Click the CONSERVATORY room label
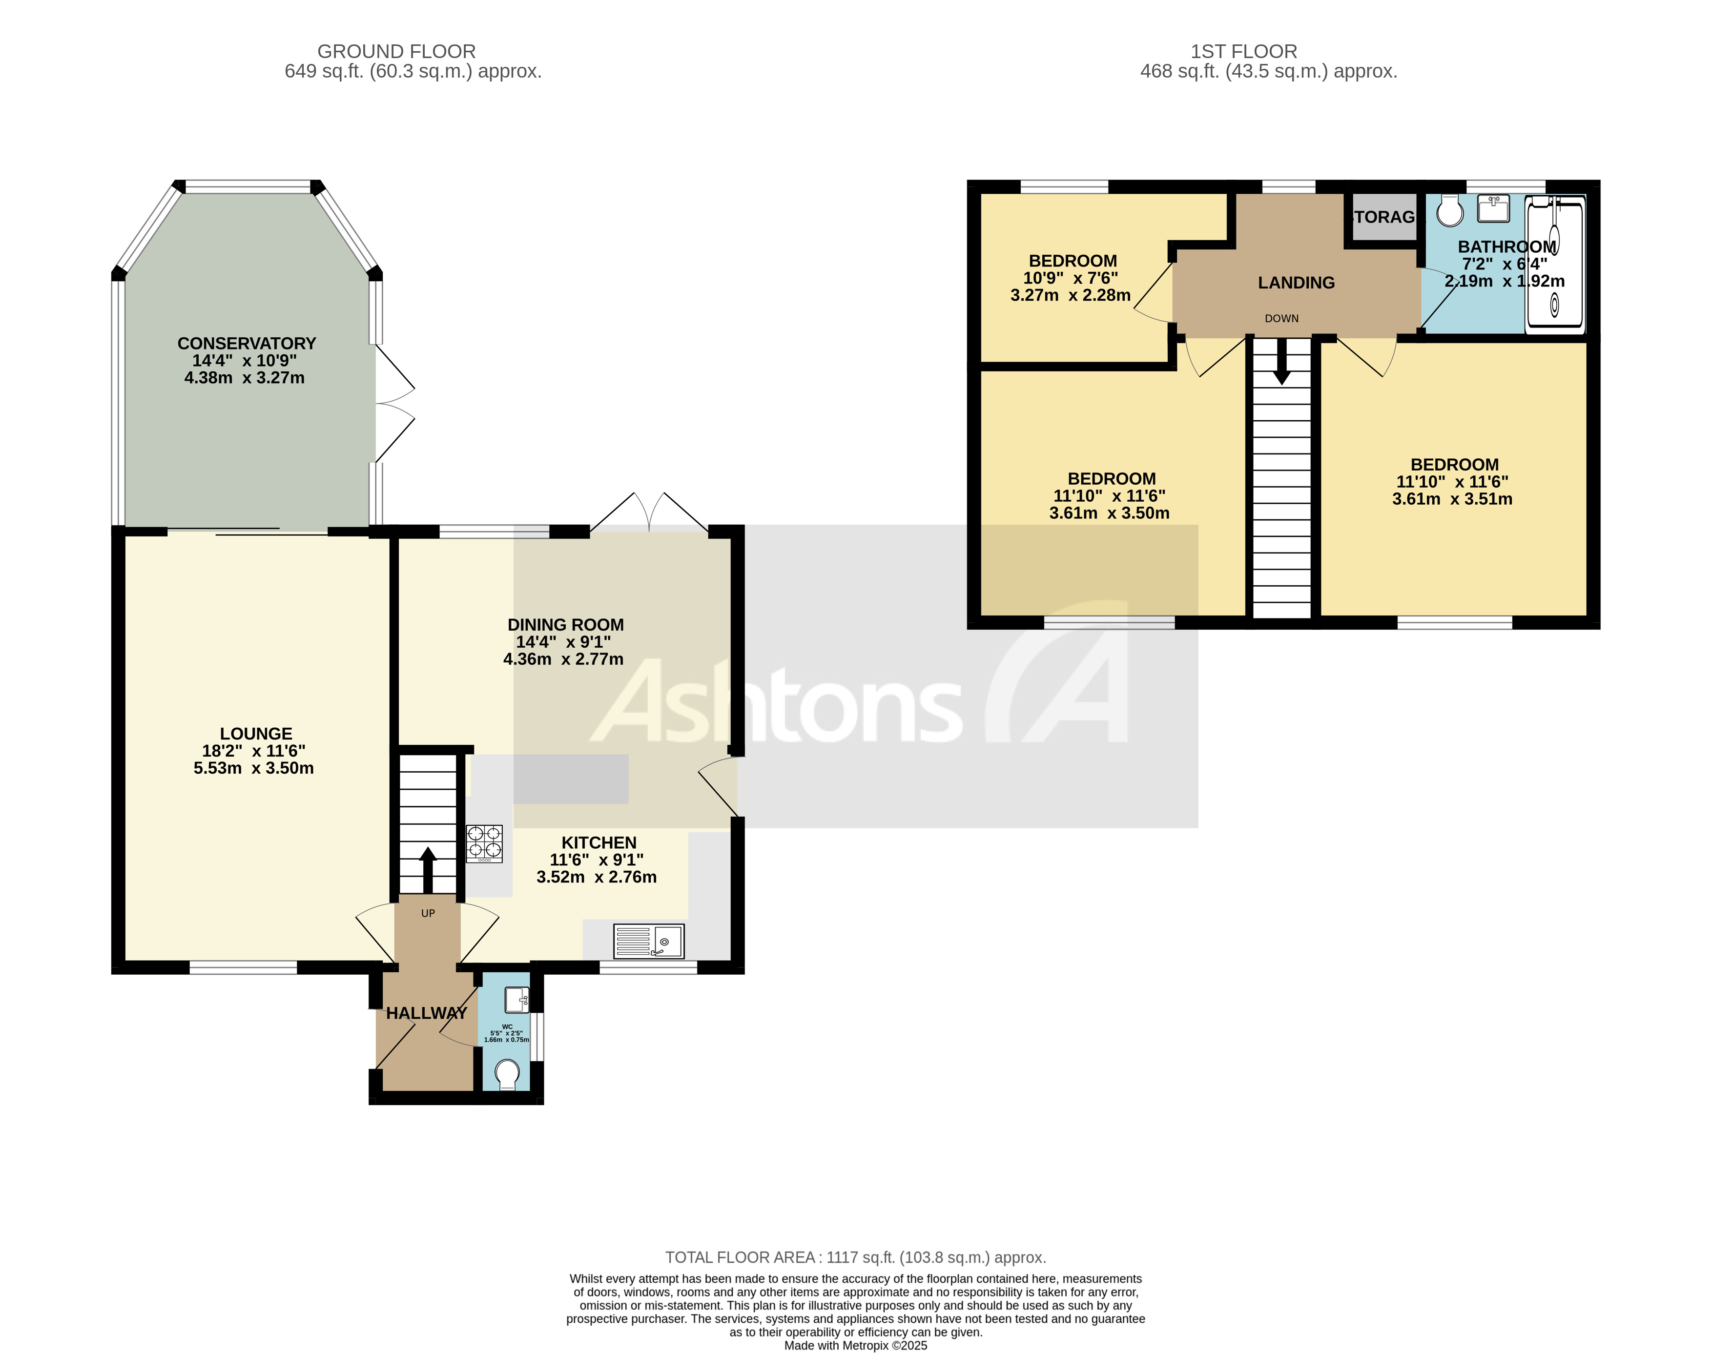tap(247, 343)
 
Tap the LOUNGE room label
tap(256, 734)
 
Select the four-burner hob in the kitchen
tap(484, 843)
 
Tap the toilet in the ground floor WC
tap(507, 1075)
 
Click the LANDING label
tap(1296, 283)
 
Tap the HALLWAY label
tap(426, 1013)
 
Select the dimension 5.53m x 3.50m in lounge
tap(253, 768)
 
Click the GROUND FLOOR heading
tap(396, 51)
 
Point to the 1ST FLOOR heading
tap(1244, 51)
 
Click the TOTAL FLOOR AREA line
tap(856, 1257)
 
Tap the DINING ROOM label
tap(566, 625)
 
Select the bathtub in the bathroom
tap(1555, 266)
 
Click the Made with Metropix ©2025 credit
tap(856, 1345)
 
